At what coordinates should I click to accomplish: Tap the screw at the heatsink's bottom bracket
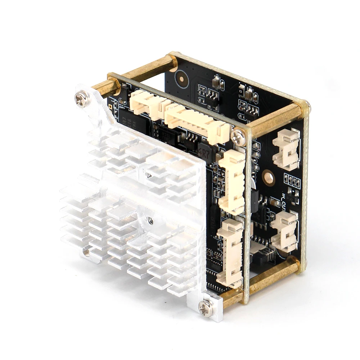coord(206,308)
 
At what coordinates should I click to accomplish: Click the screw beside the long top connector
coord(238,136)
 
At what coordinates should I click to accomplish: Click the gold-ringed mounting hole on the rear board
coord(269,177)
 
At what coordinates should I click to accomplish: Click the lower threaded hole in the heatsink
coord(150,221)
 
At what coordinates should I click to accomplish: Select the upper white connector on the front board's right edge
coord(232,182)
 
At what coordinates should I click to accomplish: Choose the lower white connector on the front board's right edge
coord(230,252)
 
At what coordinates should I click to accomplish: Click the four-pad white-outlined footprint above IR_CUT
coord(292,181)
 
